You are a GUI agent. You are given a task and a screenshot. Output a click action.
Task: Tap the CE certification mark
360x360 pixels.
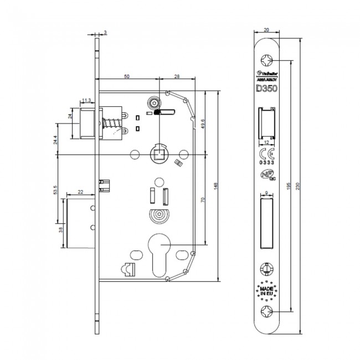[265, 155]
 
